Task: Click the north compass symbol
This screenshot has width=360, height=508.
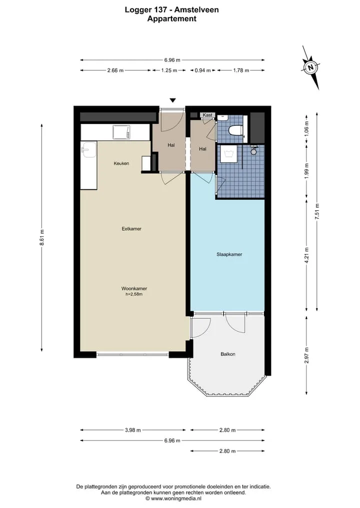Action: pyautogui.click(x=310, y=67)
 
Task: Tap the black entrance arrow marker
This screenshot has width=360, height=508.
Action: pyautogui.click(x=173, y=100)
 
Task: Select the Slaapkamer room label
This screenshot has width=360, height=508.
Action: pyautogui.click(x=229, y=254)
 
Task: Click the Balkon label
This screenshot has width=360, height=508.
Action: pyautogui.click(x=227, y=354)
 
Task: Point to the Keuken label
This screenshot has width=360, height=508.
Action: pyautogui.click(x=121, y=163)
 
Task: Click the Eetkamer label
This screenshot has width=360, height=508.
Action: pyautogui.click(x=131, y=229)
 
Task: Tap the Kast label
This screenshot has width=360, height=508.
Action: pyautogui.click(x=207, y=115)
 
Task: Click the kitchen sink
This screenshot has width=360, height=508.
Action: pyautogui.click(x=88, y=149)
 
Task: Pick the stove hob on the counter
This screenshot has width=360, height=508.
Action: pyautogui.click(x=121, y=132)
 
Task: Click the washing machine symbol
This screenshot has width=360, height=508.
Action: pyautogui.click(x=228, y=153)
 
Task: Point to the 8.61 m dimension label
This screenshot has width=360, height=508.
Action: pyautogui.click(x=42, y=237)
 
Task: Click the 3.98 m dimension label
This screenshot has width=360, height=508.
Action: pyautogui.click(x=133, y=430)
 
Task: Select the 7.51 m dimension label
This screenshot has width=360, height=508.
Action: pyautogui.click(x=317, y=212)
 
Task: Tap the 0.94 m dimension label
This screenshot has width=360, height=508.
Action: pyautogui.click(x=202, y=70)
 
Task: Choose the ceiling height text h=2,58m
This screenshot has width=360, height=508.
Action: pyautogui.click(x=134, y=294)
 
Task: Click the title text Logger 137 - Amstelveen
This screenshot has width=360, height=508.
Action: pyautogui.click(x=172, y=9)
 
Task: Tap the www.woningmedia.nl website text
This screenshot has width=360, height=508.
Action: pyautogui.click(x=176, y=499)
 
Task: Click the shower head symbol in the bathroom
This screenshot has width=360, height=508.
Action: pyautogui.click(x=253, y=151)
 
